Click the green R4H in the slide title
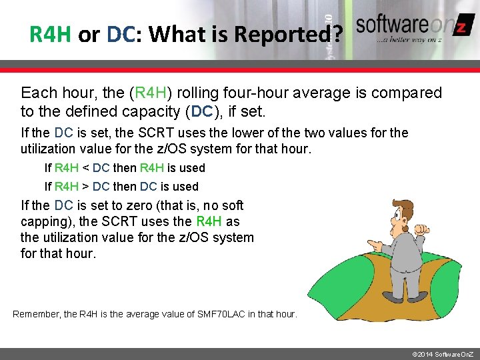click(50, 34)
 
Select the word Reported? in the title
click(300, 34)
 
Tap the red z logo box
click(461, 27)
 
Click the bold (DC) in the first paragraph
click(204, 111)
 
